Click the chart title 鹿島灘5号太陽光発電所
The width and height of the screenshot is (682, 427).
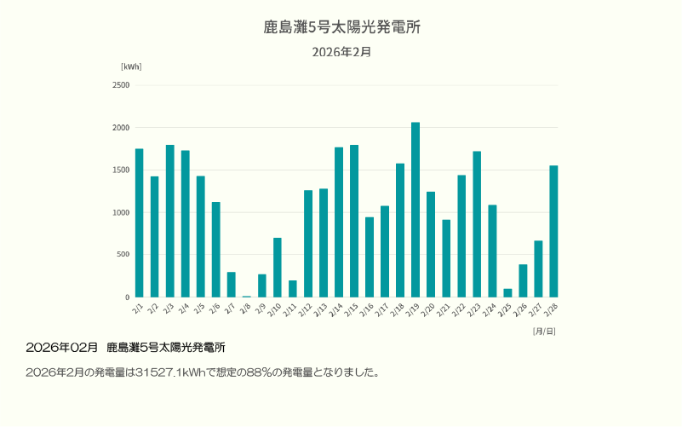coord(341,27)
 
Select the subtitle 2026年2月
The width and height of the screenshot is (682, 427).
coord(341,52)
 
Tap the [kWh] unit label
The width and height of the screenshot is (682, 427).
coord(131,66)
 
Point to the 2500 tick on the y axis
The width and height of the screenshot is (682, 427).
coord(121,85)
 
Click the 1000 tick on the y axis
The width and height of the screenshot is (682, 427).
coord(121,212)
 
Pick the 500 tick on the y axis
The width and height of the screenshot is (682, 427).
coord(123,255)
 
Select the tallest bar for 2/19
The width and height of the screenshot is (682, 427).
coord(416,210)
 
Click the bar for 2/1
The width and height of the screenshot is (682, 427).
coord(139,223)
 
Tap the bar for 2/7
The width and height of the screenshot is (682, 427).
coord(231,285)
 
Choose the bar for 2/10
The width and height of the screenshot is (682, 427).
coord(278,268)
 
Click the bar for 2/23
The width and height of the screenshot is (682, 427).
coord(477,224)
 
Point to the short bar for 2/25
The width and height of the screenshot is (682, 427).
coord(507,293)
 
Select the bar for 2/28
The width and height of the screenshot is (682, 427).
coord(553,231)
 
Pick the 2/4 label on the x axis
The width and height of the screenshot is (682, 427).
coord(183,307)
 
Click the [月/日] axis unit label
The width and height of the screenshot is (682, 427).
coord(544,331)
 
